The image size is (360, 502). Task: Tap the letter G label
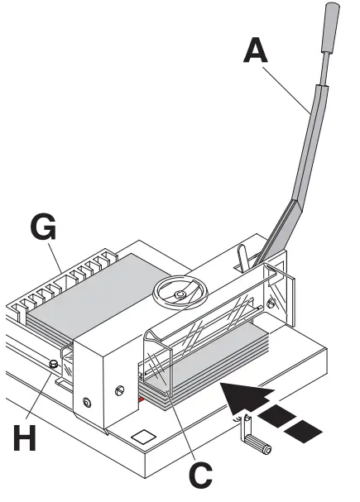pos(42,224)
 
